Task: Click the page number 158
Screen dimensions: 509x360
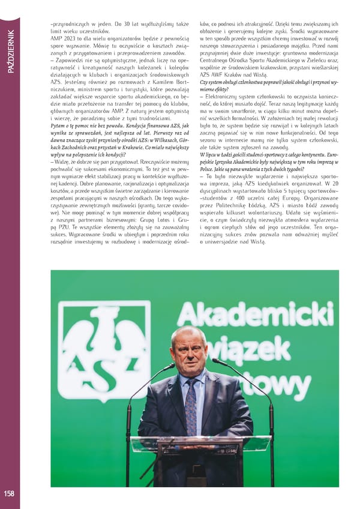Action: pyautogui.click(x=8, y=493)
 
